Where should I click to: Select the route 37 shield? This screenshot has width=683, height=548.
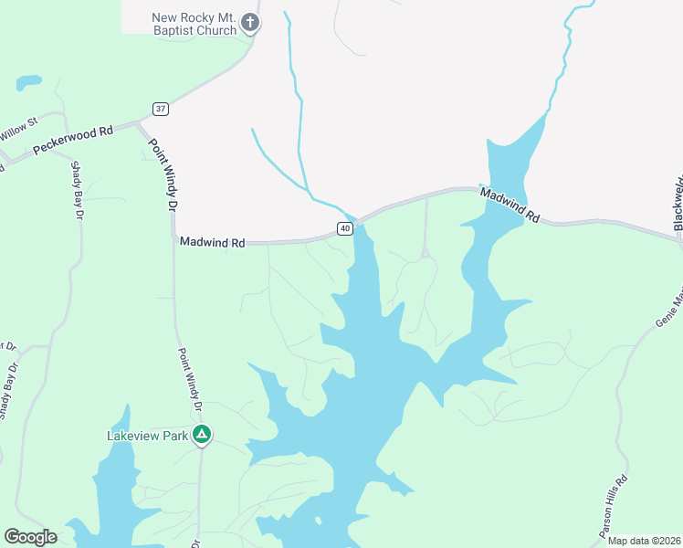(162, 109)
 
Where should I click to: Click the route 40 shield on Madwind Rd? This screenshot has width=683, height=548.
(344, 228)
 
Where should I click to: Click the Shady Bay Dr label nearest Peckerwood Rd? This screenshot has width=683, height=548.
(78, 190)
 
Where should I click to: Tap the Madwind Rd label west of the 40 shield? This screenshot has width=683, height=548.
(212, 243)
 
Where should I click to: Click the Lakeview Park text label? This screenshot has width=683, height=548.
(147, 436)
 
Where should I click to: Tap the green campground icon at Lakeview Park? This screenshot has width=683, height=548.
(203, 436)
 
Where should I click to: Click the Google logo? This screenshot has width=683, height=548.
(31, 537)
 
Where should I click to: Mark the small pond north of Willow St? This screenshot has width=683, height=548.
(28, 82)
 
